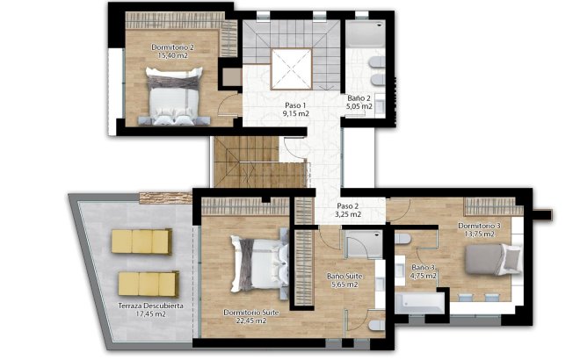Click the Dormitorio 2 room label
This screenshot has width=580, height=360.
tap(172, 46)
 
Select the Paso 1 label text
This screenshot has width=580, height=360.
tap(295, 104)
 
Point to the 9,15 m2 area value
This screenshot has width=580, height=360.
tap(295, 114)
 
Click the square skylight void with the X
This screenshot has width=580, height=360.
tap(290, 66)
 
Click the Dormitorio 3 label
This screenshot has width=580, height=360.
tap(480, 226)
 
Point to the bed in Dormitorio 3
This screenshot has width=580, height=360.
tap(489, 263)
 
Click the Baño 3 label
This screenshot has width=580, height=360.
tap(424, 267)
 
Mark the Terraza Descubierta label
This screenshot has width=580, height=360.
tap(150, 306)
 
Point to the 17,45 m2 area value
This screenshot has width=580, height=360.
tap(150, 314)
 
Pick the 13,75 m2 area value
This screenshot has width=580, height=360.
tap(480, 235)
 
